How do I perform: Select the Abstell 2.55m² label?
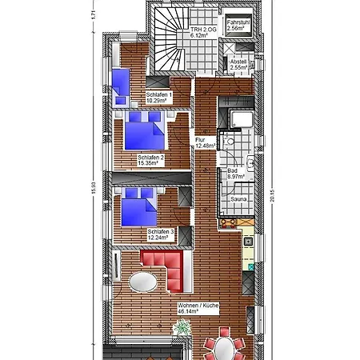click(238, 65)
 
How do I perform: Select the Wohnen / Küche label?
click(198, 308)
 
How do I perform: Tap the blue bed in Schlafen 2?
click(144, 130)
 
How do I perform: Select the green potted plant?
click(183, 326)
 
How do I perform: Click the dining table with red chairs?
click(223, 349)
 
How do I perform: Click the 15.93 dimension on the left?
click(94, 188)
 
